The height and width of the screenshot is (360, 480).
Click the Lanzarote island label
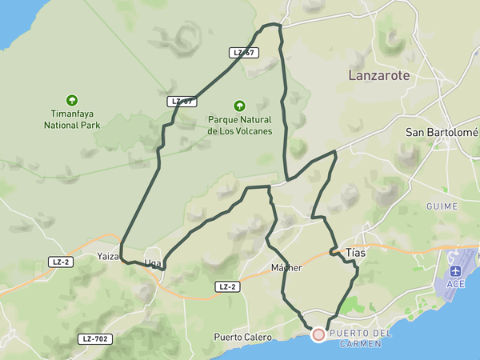coord(379,76)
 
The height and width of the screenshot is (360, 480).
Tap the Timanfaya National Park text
coord(73,120)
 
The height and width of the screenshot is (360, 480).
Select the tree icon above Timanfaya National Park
coord(73,101)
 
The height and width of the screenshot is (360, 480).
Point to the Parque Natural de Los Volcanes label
coord(239,126)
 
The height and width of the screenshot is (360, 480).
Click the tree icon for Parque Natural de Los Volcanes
coord(238,106)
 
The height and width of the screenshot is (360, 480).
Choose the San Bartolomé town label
coord(442,132)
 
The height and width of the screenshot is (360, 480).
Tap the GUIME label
coord(442,206)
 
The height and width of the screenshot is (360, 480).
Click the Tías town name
coord(355,253)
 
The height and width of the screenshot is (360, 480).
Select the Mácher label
coord(286,267)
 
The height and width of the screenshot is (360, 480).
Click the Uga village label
coord(153,263)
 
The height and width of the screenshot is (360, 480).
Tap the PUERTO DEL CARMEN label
coord(361,338)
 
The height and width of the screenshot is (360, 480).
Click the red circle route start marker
coord(318,334)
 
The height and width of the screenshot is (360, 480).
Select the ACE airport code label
coord(455,284)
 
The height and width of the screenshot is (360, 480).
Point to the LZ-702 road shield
coord(94,338)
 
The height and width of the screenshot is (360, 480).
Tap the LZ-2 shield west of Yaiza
coord(60,262)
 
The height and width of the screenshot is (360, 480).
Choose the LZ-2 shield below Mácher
coord(227,286)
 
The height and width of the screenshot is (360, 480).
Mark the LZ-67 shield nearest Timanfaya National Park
coord(182,102)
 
